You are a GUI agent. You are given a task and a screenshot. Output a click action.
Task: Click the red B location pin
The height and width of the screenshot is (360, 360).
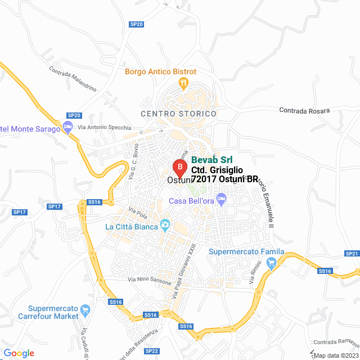(179, 167)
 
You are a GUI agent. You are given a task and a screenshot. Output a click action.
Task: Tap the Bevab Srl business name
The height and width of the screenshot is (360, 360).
(212, 160)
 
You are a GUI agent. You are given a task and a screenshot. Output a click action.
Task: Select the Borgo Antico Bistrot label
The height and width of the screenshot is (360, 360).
(160, 71)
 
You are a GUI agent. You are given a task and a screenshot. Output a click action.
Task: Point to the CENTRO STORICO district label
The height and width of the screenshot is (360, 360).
(178, 114)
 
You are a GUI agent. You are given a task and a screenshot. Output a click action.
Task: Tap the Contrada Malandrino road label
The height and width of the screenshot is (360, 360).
(73, 79)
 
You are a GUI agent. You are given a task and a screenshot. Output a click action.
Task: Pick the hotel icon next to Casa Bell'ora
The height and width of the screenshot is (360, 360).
(222, 199)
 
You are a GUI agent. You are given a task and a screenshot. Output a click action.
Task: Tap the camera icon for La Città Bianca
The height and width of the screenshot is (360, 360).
(165, 226)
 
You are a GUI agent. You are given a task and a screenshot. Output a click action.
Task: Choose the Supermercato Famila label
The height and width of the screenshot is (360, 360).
(246, 251)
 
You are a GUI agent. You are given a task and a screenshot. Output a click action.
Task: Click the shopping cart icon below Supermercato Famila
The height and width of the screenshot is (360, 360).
(272, 262)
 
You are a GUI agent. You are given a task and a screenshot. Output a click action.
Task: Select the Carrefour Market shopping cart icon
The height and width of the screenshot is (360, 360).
(85, 309)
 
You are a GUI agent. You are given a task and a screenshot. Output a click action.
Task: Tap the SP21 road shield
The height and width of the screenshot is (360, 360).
(352, 254)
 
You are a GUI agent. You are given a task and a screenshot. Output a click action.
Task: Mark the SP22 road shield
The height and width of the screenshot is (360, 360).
(151, 351)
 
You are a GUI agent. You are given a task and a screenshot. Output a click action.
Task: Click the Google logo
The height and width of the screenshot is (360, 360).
(19, 353)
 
